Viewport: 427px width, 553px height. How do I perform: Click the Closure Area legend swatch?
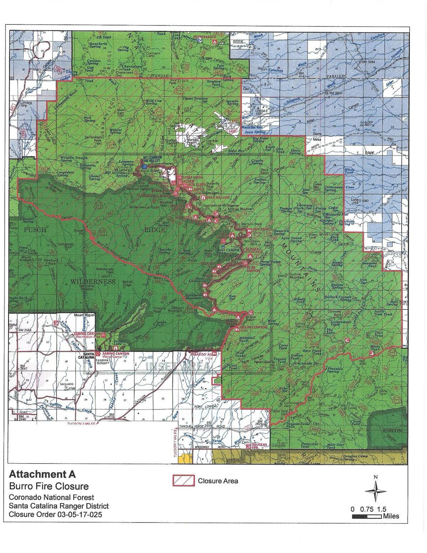(184, 480)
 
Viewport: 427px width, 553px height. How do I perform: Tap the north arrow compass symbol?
(375, 491)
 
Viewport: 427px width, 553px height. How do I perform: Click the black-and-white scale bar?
(367, 516)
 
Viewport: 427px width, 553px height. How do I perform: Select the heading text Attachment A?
(42, 474)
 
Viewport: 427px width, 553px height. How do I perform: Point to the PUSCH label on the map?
(35, 230)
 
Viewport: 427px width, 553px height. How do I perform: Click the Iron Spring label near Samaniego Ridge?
(90, 119)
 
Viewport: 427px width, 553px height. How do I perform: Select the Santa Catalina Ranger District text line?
(59, 506)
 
